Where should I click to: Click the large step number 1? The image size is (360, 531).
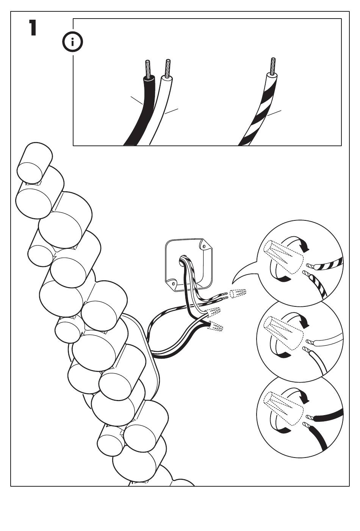coord(33,28)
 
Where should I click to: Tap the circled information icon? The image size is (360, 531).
coord(72,43)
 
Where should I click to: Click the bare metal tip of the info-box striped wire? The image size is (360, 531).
coord(272,65)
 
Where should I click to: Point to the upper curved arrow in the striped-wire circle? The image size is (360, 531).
coord(299,242)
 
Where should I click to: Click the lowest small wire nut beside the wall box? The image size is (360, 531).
coord(216,326)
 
